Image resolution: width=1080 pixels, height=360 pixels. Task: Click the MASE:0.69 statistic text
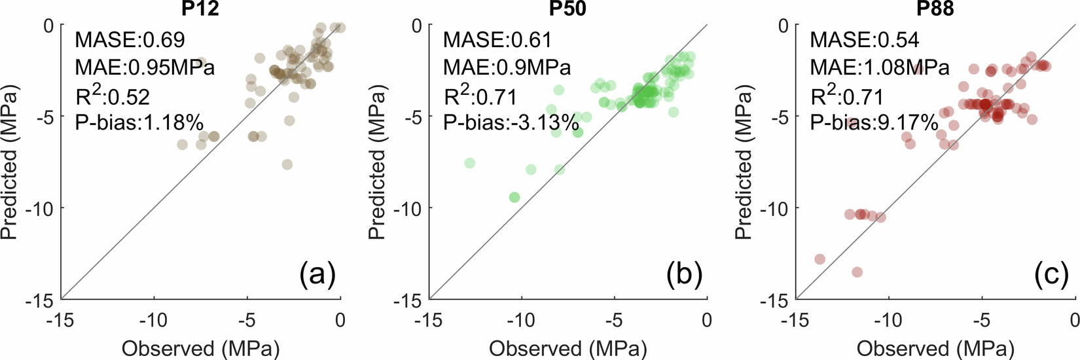click(x=130, y=40)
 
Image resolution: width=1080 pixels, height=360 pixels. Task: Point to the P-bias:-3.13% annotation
click(x=511, y=122)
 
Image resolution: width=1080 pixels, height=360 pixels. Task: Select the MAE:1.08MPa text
click(x=879, y=67)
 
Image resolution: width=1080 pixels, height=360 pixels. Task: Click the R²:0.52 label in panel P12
click(x=112, y=96)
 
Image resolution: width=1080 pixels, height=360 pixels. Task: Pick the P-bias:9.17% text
click(x=874, y=122)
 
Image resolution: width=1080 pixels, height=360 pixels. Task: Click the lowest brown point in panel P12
click(x=287, y=164)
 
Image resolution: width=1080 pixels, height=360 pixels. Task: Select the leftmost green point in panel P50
click(x=469, y=163)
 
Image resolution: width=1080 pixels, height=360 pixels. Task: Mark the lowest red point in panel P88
click(x=857, y=272)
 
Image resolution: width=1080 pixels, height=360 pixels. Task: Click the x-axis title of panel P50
click(x=568, y=348)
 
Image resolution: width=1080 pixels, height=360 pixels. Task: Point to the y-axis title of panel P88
click(x=744, y=162)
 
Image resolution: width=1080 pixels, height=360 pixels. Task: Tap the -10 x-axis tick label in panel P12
click(x=154, y=320)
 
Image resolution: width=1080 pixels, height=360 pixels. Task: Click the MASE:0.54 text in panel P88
click(x=864, y=40)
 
